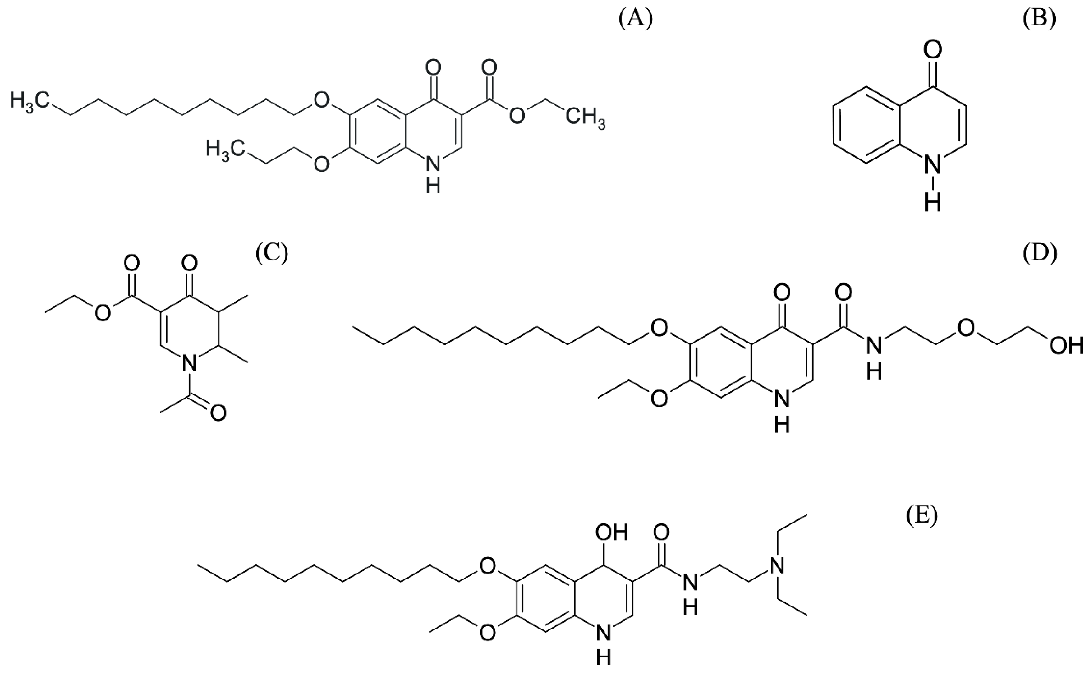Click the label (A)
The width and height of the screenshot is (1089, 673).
(x=636, y=20)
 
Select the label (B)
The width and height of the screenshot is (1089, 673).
(x=1039, y=20)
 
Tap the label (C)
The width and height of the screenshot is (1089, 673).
(x=271, y=253)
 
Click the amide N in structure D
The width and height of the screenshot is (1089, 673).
(x=874, y=345)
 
